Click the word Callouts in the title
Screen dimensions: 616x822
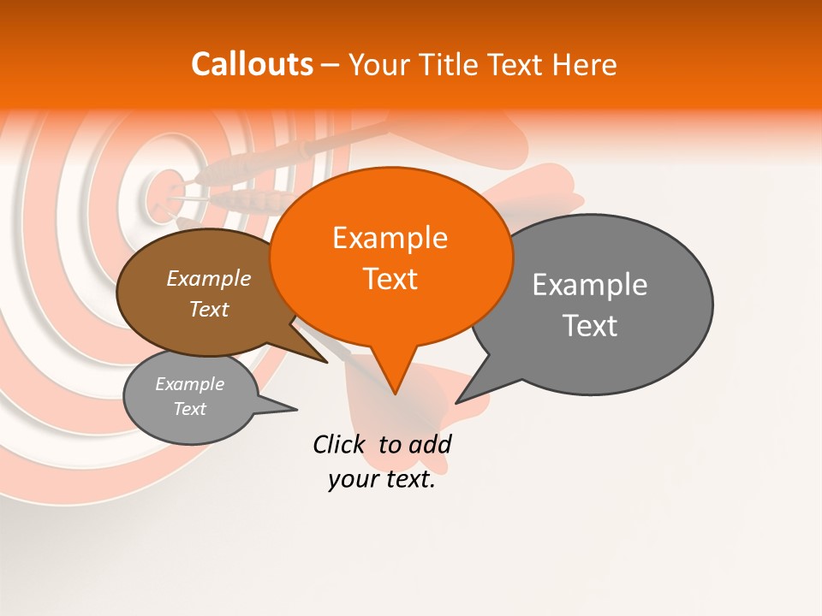252,64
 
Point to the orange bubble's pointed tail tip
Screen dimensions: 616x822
395,394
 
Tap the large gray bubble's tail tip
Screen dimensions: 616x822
456,402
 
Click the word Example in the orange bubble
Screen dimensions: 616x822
390,238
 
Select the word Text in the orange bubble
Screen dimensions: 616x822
390,279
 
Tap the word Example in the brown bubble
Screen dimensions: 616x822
209,279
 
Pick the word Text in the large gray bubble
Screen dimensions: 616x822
590,326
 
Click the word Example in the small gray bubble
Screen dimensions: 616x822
189,384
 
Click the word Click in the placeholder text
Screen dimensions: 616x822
338,445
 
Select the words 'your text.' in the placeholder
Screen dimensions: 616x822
382,480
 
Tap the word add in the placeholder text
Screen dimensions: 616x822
430,445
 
